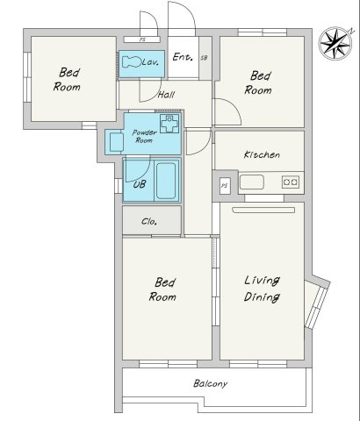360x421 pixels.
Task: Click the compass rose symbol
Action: pos(335,43)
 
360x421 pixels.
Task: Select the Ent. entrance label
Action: pos(183,57)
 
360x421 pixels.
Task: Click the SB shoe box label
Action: pos(204,58)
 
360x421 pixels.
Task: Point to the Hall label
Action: pos(166,95)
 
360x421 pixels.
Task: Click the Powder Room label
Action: pos(144,136)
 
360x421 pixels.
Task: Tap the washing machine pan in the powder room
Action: pos(169,124)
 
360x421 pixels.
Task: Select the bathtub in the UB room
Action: pos(166,181)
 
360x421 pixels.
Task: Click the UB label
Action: pos(140,184)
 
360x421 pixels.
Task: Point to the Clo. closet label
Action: pos(149,221)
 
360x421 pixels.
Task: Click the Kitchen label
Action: pos(262,154)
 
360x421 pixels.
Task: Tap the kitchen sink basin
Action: pos(252,182)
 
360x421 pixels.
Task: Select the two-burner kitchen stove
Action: pos(291,182)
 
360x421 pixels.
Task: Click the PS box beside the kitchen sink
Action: pos(225,186)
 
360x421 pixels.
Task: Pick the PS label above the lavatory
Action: pos(142,39)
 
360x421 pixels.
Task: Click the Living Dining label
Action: pos(262,289)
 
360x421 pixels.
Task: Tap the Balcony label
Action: pos(210,383)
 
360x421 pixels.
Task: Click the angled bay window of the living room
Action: pos(316,304)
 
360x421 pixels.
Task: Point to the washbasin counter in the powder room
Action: pos(116,142)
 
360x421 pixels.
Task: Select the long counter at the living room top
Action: pos(263,210)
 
